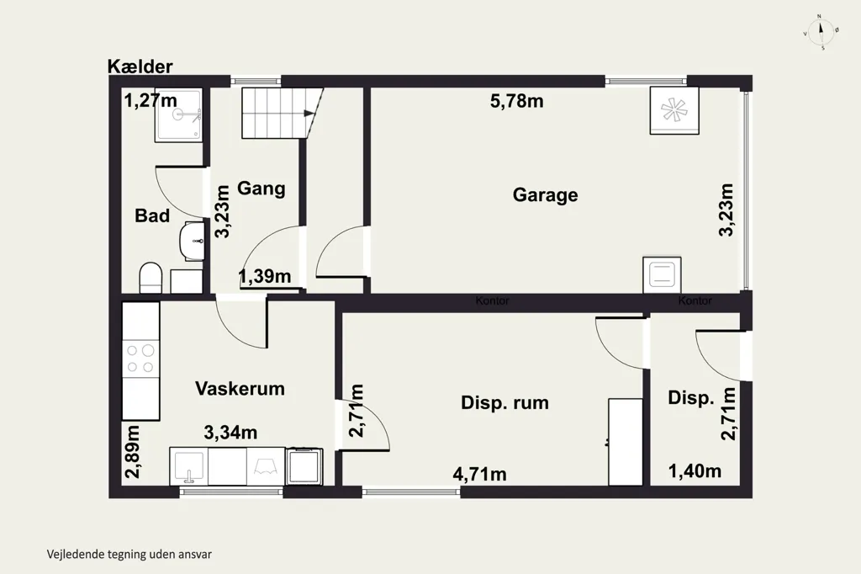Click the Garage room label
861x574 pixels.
point(545,195)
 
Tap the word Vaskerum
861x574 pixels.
point(240,389)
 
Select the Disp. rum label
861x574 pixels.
point(504,402)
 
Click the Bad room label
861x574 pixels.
point(152,215)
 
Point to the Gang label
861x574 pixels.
point(261,189)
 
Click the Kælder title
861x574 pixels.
point(140,66)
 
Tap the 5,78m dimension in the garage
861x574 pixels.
point(517,101)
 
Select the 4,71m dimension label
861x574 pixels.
point(479,474)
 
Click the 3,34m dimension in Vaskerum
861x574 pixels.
point(230,433)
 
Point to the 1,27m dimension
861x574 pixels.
point(151,101)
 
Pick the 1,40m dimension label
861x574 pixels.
point(695,471)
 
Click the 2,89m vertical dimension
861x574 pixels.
point(132,452)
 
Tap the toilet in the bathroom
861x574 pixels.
point(151,279)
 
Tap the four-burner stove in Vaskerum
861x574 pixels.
point(140,359)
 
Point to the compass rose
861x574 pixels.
point(821,32)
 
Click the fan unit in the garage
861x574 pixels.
point(674,110)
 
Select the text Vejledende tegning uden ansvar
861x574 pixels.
point(129,554)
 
